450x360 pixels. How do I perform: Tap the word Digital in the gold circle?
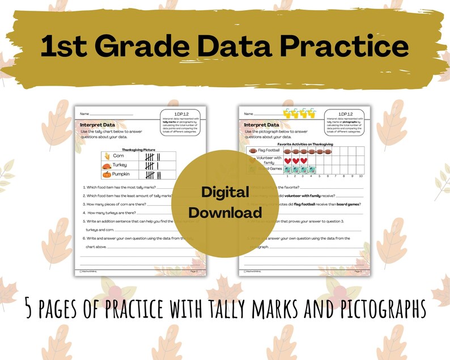pyautogui.click(x=225, y=192)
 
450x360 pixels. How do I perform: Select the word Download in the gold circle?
pyautogui.click(x=225, y=213)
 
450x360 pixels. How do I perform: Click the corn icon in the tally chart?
pyautogui.click(x=105, y=155)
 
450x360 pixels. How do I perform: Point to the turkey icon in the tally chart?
pyautogui.click(x=105, y=166)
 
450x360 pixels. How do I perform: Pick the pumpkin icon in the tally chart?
pyautogui.click(x=105, y=175)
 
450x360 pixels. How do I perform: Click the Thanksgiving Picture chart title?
pyautogui.click(x=139, y=150)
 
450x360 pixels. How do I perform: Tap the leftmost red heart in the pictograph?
pyautogui.click(x=287, y=160)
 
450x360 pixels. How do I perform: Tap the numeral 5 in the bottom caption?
pyautogui.click(x=29, y=309)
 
